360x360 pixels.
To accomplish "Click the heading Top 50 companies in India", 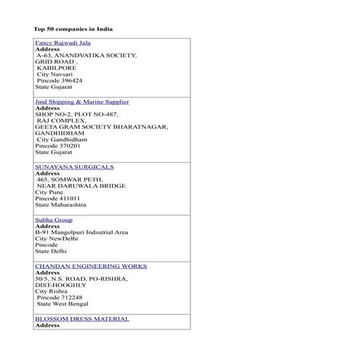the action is tap(73, 29).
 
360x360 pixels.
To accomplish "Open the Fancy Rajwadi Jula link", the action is tap(63, 43).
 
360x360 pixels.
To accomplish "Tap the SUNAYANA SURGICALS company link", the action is tap(74, 167).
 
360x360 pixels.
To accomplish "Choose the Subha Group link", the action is tap(53, 220).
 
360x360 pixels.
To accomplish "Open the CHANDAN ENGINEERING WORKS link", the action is tap(90, 266).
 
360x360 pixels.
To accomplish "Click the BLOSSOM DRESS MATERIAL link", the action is tap(81, 319).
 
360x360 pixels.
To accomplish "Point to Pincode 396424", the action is tap(59, 80).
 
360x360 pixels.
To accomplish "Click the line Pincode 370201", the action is tap(57, 145).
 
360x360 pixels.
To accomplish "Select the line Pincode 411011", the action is tap(57, 198).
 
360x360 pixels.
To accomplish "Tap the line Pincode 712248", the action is tap(59, 297).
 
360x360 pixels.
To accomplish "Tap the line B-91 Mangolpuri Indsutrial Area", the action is tap(81, 232).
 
